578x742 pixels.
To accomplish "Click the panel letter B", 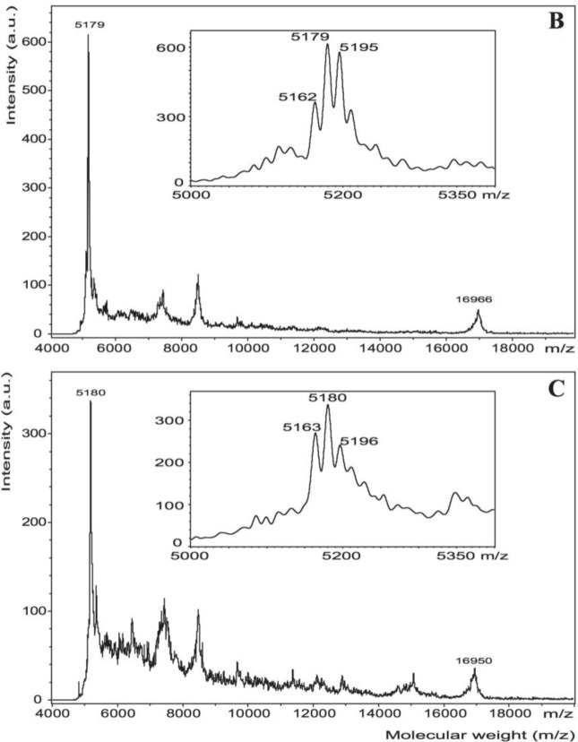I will tap(556, 20).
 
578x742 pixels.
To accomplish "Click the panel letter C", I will tap(556, 391).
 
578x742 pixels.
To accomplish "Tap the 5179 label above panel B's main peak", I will tap(90, 25).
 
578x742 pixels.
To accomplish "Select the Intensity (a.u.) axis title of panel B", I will tap(12, 64).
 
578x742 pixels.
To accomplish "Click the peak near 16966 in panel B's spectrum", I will tap(478, 311).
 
